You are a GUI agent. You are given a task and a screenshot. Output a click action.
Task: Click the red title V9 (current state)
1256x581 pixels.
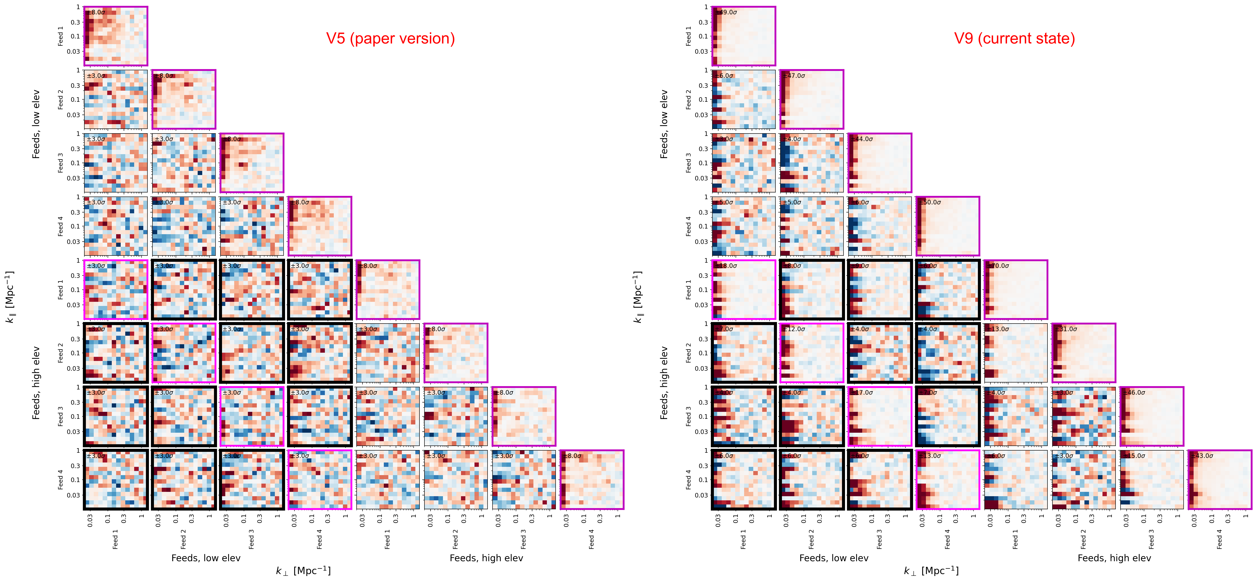1014,38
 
